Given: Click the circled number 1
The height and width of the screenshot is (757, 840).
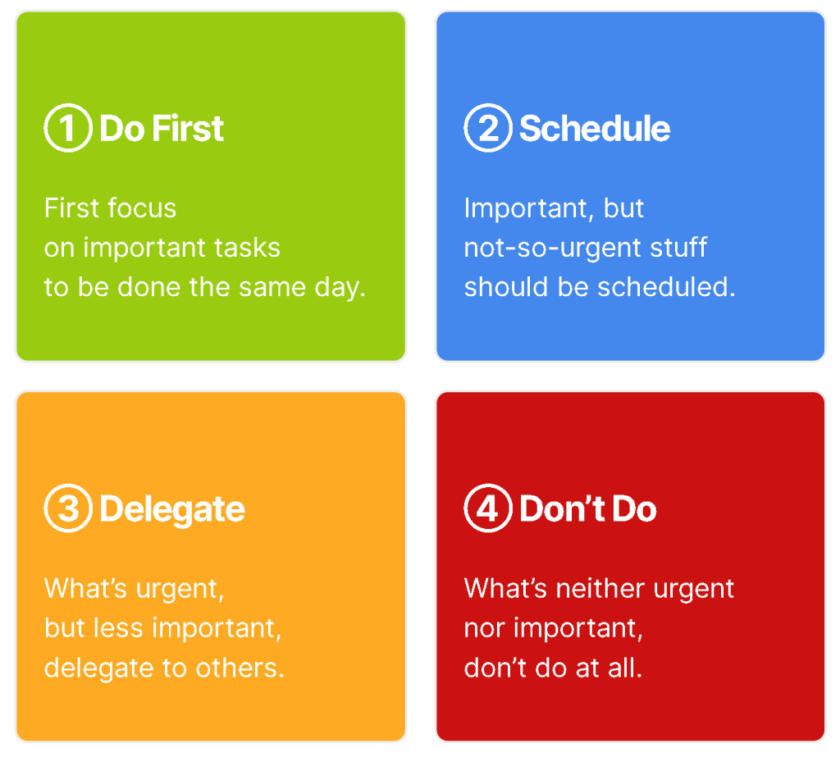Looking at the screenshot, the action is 68,128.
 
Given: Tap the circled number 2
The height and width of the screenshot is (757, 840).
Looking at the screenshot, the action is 488,128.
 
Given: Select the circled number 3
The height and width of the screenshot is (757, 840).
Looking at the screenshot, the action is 68,508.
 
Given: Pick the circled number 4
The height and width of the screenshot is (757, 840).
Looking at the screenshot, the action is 488,508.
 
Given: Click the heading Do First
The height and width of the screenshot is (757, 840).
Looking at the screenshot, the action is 162,129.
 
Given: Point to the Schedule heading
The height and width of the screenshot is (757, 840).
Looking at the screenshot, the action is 595,129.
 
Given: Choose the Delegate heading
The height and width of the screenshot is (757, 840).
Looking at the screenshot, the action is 172,509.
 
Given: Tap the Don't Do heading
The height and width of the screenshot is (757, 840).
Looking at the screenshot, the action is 588,508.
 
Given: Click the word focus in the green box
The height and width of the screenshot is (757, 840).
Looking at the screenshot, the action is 143,207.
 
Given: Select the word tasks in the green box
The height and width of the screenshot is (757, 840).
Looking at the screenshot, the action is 247,248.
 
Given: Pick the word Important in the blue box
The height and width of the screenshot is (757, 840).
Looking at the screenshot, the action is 526,209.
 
